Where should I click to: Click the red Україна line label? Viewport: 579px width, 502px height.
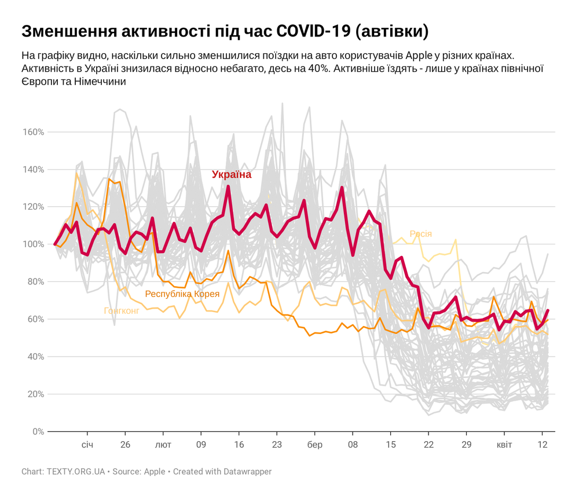pos(232,174)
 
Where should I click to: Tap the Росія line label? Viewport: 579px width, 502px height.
pos(420,234)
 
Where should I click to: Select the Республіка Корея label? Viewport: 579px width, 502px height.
pos(182,294)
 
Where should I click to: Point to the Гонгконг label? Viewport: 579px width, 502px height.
pos(122,311)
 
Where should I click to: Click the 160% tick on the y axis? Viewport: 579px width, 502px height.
pos(33,132)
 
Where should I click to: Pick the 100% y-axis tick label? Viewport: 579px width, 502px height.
pos(33,244)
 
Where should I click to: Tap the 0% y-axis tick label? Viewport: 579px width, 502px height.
pos(37,431)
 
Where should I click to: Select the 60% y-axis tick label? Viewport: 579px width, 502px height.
pos(35,319)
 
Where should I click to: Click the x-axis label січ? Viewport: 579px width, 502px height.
pos(87,445)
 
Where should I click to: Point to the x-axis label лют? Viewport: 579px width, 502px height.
pos(163,445)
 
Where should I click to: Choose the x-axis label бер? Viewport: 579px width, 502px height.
pos(314,445)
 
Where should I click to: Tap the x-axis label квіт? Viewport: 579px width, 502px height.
pos(504,445)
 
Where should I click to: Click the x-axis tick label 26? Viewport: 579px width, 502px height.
pos(125,445)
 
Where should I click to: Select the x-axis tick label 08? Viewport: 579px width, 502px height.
pos(353,445)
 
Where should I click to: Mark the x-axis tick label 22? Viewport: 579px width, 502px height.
pos(428,445)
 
